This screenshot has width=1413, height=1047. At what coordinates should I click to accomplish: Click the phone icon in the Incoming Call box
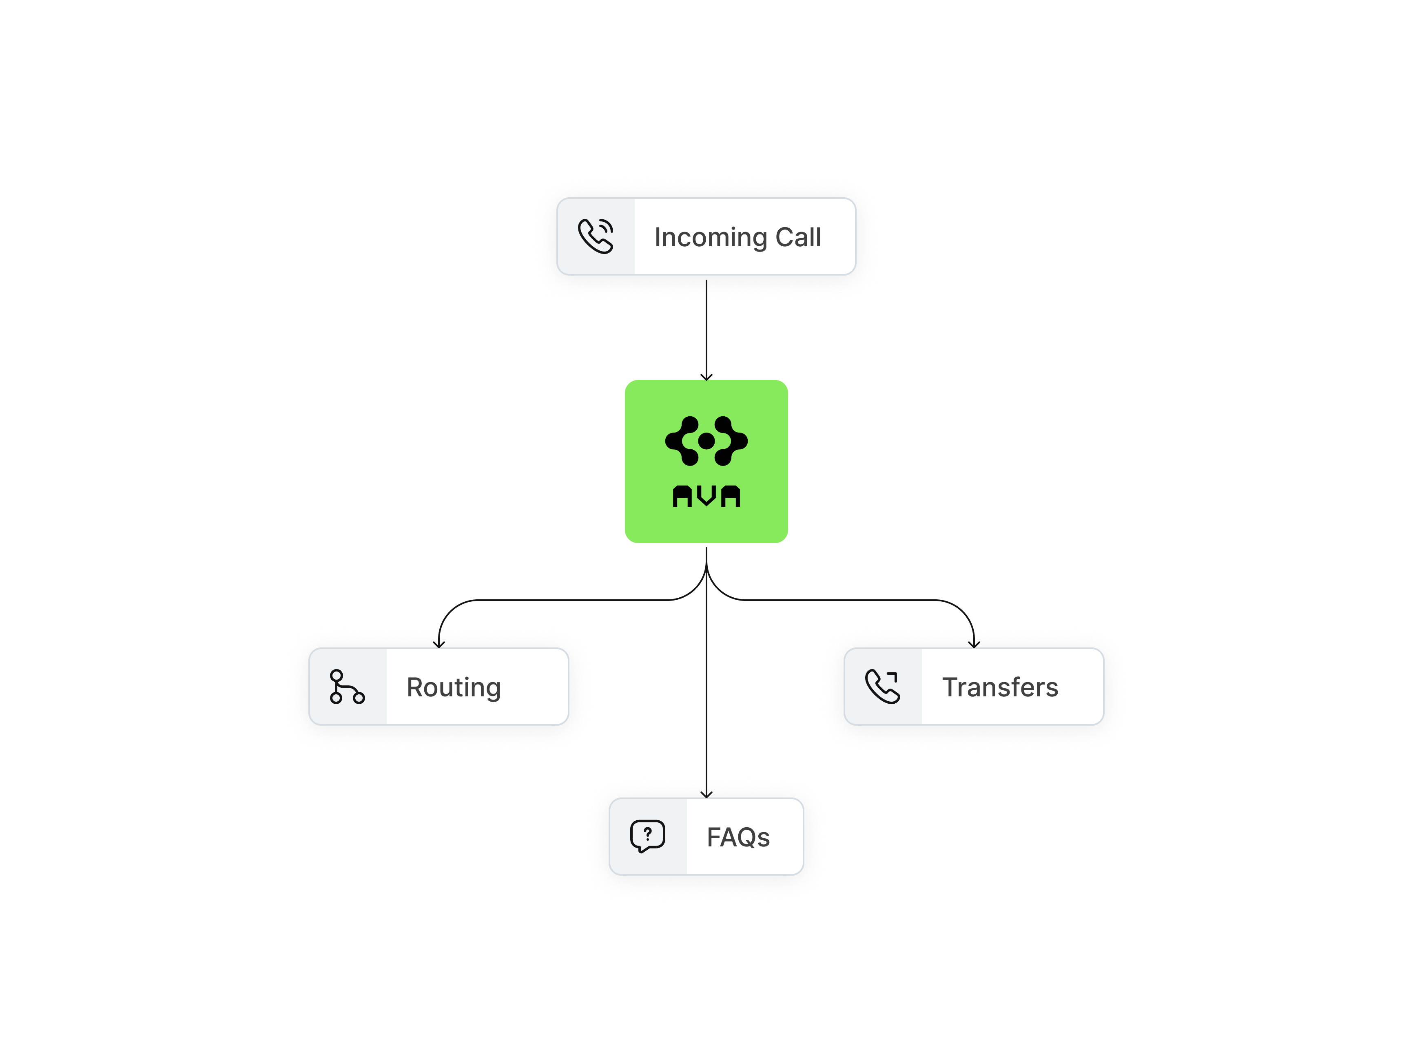point(595,236)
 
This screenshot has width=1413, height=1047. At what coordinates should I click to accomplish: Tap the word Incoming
point(711,238)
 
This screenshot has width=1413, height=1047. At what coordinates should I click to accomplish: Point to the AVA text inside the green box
point(706,496)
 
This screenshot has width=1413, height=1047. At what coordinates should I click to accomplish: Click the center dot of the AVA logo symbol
point(706,441)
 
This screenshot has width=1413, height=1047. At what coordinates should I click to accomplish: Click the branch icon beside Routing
point(347,687)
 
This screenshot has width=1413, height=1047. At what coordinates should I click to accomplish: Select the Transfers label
point(1000,687)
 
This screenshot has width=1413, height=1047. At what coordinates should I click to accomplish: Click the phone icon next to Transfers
point(882,687)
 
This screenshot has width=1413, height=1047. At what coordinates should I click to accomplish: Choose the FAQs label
point(738,837)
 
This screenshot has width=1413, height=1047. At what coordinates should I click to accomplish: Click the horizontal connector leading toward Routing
point(558,600)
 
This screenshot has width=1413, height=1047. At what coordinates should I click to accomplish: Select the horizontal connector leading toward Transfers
point(849,600)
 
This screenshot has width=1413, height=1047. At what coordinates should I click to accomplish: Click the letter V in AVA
point(706,496)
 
